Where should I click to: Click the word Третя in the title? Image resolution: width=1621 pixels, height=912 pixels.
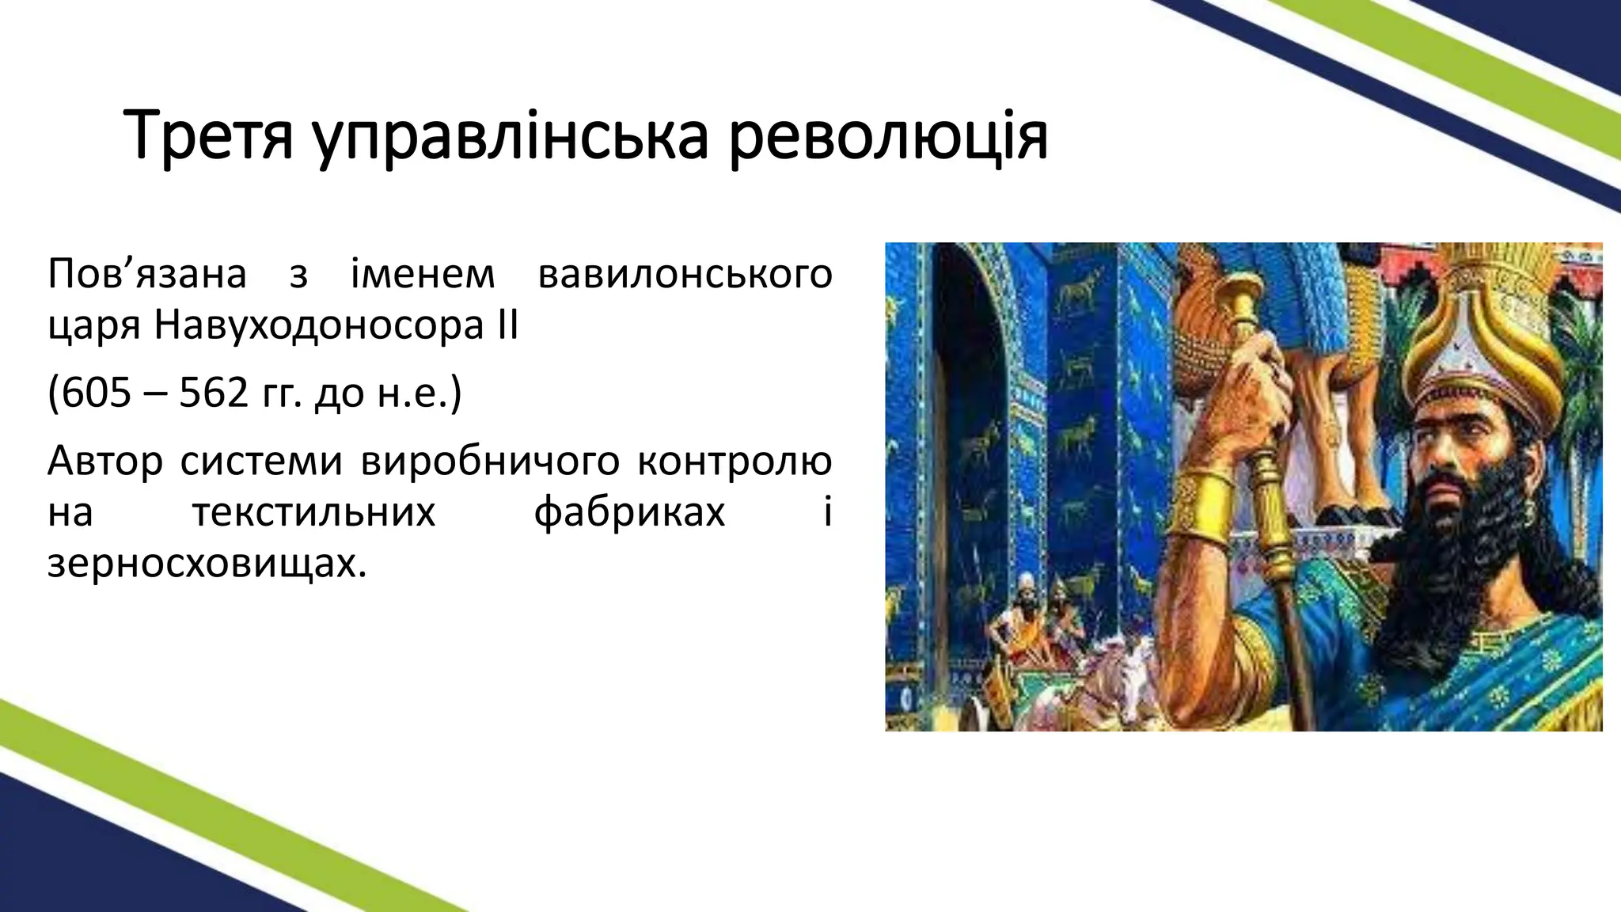coord(209,136)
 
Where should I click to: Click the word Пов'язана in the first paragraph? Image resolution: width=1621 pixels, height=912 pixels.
coord(147,275)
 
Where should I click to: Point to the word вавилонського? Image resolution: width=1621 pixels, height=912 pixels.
coord(685,275)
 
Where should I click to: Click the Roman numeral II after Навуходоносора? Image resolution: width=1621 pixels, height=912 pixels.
coord(507,325)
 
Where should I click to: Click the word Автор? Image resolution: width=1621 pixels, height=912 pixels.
coord(104,461)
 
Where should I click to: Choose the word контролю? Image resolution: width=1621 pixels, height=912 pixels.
coord(735,461)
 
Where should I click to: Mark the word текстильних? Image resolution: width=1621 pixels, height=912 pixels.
coord(313,512)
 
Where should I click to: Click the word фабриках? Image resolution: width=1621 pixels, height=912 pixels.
coord(629,512)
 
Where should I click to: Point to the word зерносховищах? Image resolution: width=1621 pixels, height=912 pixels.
coord(207,563)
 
